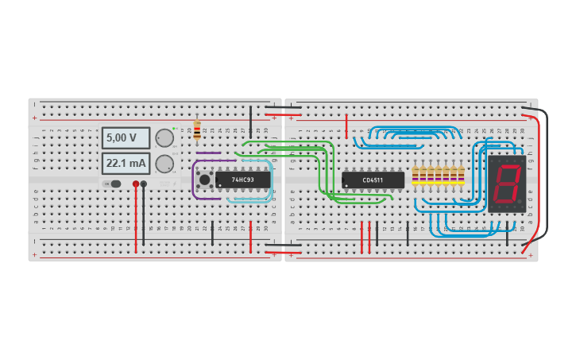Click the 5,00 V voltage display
[126, 138]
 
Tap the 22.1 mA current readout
[126, 164]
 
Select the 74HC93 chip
[242, 180]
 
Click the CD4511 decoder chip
[373, 180]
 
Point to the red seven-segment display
[506, 183]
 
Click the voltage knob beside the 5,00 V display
[164, 137]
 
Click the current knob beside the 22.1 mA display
[164, 164]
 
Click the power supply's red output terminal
[136, 184]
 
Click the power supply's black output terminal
[144, 184]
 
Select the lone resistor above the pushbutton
[197, 130]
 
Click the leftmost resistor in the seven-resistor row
[415, 176]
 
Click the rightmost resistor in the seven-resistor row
[461, 176]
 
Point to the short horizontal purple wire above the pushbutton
[208, 153]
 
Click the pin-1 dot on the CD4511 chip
[346, 186]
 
